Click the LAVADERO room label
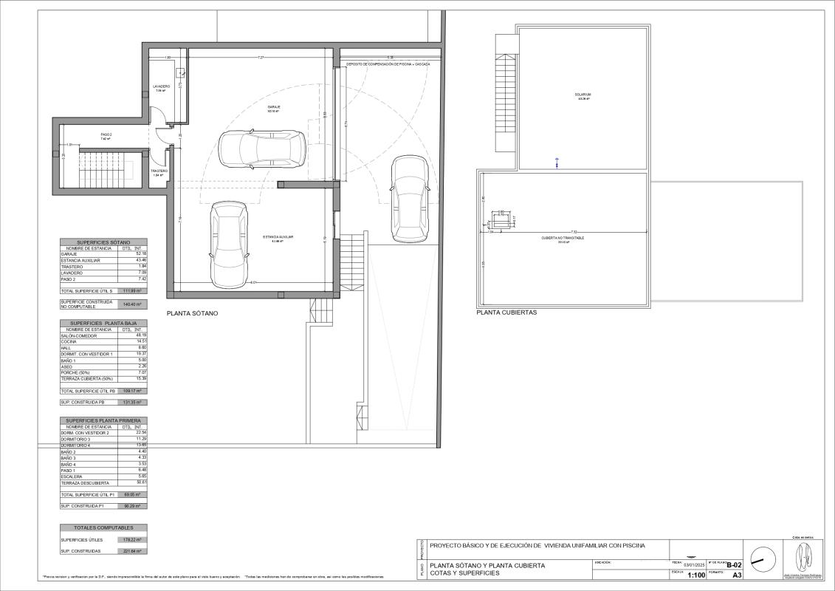click(x=162, y=86)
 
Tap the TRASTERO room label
click(x=159, y=171)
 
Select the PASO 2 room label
click(x=106, y=135)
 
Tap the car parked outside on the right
click(x=408, y=198)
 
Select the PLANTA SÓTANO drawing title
click(x=192, y=314)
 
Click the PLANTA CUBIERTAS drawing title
click(x=506, y=312)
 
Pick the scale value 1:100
click(x=695, y=575)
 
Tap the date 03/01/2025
click(x=695, y=565)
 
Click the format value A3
click(x=736, y=575)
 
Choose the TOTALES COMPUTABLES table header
click(x=103, y=528)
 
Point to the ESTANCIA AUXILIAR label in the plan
click(x=278, y=237)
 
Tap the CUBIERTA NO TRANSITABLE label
click(x=563, y=239)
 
